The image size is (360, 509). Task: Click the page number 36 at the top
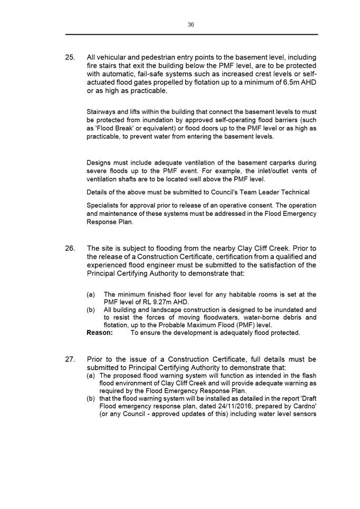(191, 24)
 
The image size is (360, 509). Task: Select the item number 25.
(71, 57)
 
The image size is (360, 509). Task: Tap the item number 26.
(71, 248)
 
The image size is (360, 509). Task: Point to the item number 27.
(71, 360)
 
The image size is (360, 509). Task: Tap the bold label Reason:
(99, 333)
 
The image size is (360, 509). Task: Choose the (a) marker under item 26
(91, 294)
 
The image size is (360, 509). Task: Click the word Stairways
(101, 111)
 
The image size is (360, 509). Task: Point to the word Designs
(99, 162)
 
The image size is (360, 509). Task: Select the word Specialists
(102, 205)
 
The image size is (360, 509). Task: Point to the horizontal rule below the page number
(191, 35)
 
